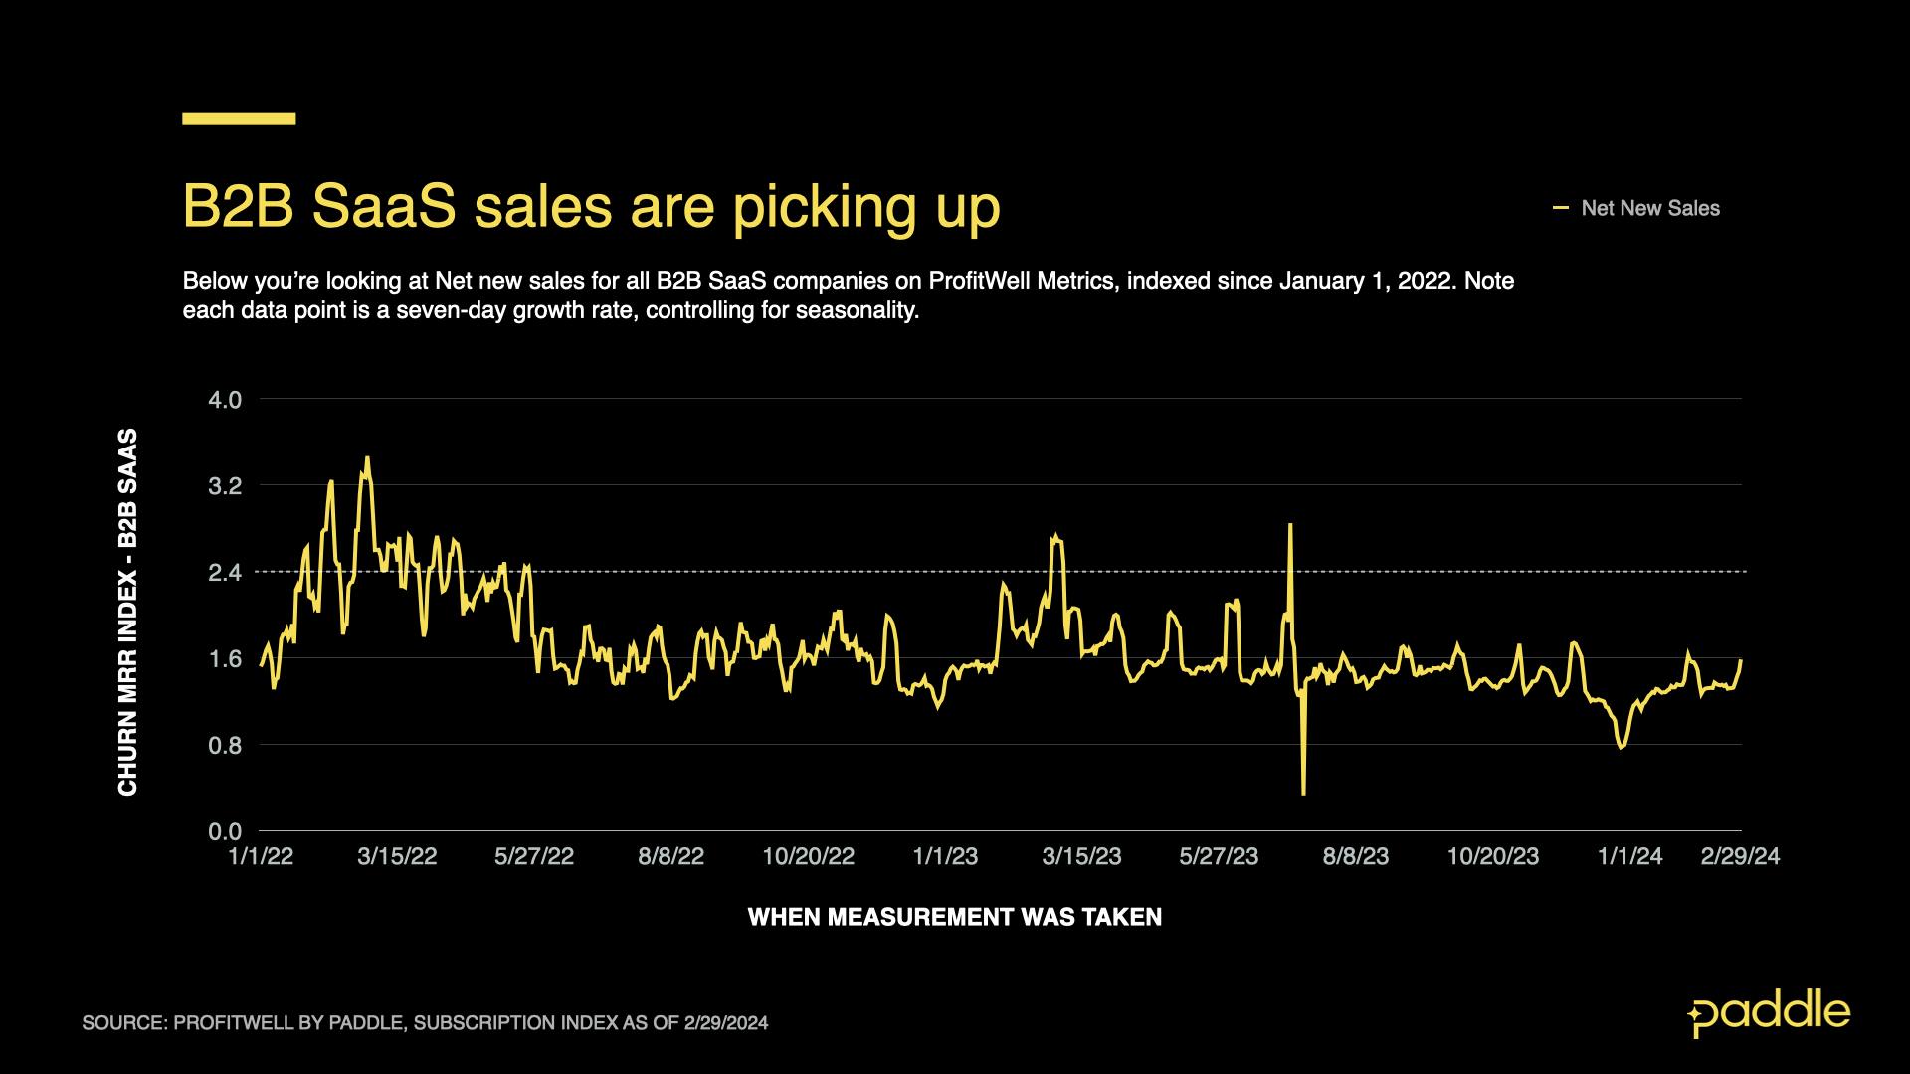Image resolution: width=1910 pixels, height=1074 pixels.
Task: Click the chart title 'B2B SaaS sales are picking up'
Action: (x=591, y=208)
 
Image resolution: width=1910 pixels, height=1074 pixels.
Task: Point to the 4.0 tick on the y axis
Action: (x=225, y=400)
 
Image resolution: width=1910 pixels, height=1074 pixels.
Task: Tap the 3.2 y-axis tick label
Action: (x=225, y=486)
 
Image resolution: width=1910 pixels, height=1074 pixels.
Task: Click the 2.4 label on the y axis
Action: (x=225, y=573)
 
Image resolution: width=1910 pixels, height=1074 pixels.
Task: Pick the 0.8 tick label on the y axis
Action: (x=225, y=745)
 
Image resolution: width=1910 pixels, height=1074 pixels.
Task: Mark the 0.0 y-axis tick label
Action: (x=225, y=831)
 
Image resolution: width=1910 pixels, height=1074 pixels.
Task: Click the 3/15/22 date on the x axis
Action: (x=397, y=857)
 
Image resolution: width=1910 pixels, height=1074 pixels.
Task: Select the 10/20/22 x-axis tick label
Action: (x=808, y=857)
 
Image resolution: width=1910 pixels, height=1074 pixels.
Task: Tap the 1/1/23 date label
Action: (x=945, y=857)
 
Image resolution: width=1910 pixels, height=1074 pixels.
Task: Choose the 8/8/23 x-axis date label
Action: (x=1355, y=857)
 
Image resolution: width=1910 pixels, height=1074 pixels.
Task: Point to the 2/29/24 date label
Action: (x=1740, y=857)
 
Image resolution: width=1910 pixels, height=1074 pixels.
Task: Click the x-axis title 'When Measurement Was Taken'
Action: (x=954, y=917)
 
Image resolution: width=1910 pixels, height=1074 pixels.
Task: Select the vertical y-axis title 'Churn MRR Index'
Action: (x=128, y=612)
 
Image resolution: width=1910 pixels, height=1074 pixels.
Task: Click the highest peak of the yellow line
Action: (x=367, y=458)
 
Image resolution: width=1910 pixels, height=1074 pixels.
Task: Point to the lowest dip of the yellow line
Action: (x=1303, y=793)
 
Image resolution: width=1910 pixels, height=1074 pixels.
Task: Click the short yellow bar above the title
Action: (x=239, y=118)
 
